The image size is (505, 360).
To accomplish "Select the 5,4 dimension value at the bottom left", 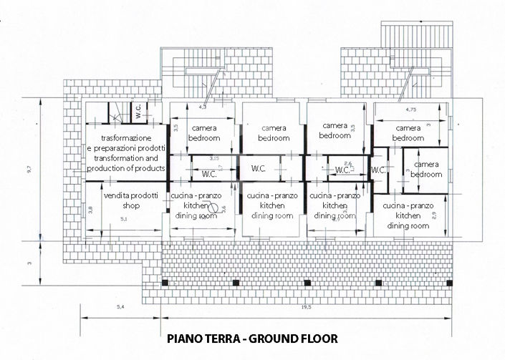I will point(120,307).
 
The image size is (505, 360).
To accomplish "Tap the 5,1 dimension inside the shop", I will point(123,218).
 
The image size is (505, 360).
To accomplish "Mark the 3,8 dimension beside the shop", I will point(91,210).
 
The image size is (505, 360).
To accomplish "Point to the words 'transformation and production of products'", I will point(125,163).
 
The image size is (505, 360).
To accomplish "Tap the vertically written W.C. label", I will point(138,112).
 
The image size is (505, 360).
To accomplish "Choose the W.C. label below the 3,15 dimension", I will point(209,173).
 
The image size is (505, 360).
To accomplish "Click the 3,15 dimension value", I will point(214,157).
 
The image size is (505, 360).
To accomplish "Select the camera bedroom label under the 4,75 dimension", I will point(408,133).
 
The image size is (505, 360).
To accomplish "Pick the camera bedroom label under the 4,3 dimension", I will point(203,133).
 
